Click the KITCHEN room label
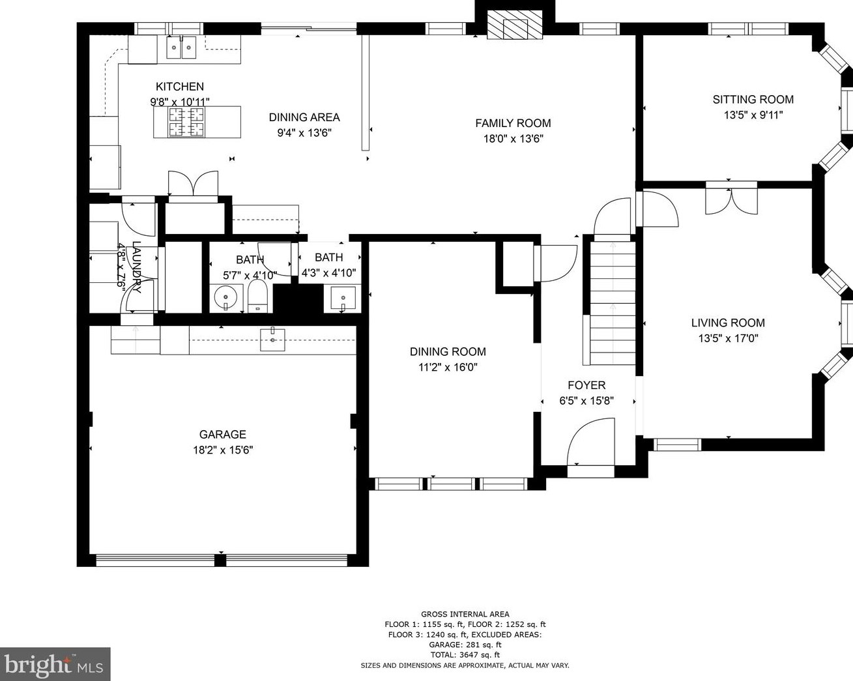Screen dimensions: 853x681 180,87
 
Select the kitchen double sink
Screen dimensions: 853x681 181,47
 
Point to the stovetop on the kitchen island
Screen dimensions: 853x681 186,122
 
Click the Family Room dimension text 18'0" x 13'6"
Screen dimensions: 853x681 513,139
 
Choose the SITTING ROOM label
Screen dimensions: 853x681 753,100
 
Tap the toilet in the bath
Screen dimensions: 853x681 257,297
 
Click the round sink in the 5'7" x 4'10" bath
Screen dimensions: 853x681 226,297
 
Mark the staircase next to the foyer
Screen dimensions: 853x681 613,303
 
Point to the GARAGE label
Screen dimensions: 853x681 222,435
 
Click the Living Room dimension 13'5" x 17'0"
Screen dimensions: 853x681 728,338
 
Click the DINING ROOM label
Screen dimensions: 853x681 448,352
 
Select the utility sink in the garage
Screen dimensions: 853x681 272,340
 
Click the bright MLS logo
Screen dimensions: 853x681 55,664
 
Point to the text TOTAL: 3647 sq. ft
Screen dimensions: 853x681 465,655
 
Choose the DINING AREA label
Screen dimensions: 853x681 304,117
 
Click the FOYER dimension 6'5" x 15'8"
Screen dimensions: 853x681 586,401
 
